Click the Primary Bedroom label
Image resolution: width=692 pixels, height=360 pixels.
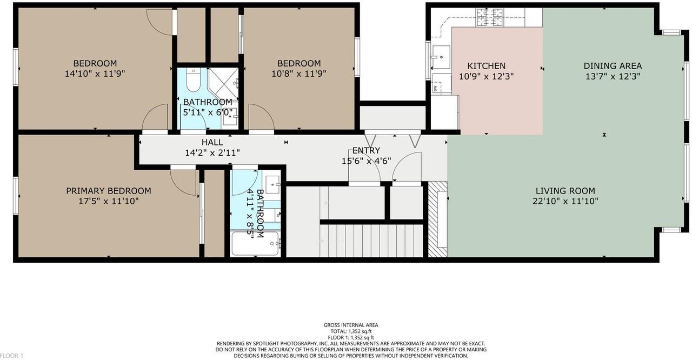click(x=109, y=191)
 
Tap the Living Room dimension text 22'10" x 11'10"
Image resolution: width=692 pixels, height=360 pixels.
click(x=565, y=201)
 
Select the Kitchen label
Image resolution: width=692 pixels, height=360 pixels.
click(x=486, y=66)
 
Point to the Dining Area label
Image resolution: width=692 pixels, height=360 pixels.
click(x=613, y=66)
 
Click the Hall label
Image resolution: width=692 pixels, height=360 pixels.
click(x=212, y=142)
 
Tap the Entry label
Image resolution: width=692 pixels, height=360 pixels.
click(x=366, y=150)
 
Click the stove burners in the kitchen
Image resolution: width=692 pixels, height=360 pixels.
click(x=489, y=17)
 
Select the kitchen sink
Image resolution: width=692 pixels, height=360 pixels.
click(x=441, y=57)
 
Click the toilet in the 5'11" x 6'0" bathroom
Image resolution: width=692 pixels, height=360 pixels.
click(x=194, y=80)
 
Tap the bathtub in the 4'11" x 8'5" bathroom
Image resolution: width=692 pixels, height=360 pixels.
click(x=256, y=244)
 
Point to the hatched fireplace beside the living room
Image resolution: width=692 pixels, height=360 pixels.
click(x=438, y=219)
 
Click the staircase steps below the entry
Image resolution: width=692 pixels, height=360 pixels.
click(x=371, y=241)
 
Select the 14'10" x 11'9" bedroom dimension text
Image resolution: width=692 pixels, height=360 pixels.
click(x=95, y=74)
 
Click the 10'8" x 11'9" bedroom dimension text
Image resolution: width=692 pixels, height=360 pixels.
click(x=299, y=74)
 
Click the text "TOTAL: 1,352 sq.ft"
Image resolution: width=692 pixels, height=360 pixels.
click(x=351, y=331)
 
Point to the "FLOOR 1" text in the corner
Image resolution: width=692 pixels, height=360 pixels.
click(x=11, y=356)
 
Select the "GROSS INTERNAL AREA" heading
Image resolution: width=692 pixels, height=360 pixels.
click(x=351, y=325)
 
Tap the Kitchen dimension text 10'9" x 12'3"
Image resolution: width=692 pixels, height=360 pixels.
click(x=486, y=76)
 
